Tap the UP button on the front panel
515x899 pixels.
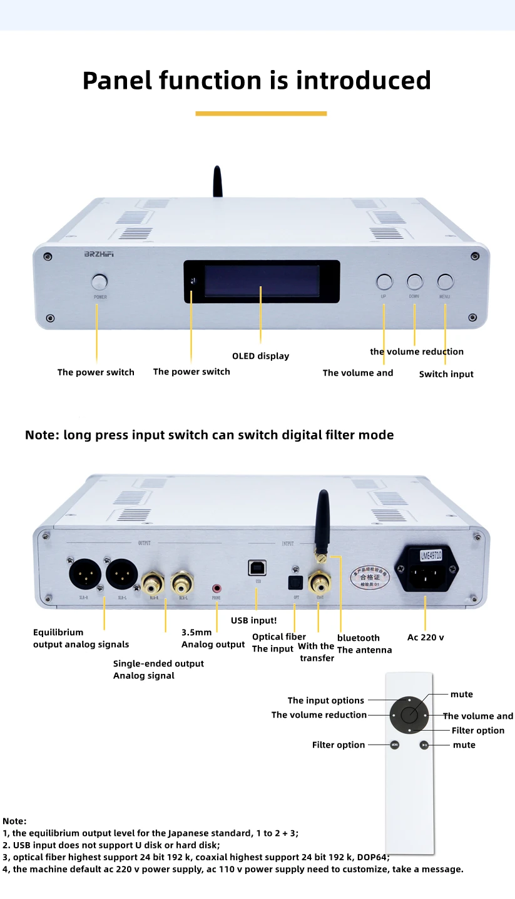384,281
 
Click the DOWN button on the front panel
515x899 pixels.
414,281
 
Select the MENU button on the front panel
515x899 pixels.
445,281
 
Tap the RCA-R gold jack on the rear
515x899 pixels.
153,584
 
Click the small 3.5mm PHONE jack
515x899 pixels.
217,588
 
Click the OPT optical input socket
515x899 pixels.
295,583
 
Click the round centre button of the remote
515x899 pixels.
409,715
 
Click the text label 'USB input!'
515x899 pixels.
253,620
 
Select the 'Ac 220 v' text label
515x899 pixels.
426,637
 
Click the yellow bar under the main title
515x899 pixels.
261,113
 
